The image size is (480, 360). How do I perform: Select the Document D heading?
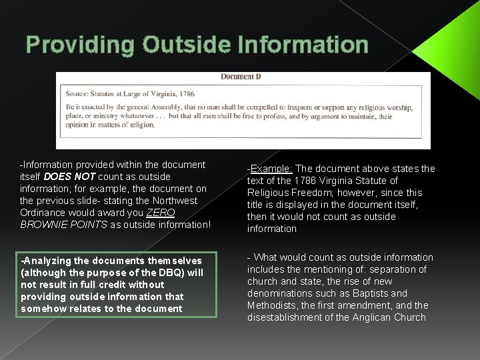point(241,77)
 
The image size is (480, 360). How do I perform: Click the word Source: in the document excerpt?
point(80,95)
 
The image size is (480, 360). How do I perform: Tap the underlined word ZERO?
point(161,213)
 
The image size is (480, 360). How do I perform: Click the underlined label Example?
point(268,169)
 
